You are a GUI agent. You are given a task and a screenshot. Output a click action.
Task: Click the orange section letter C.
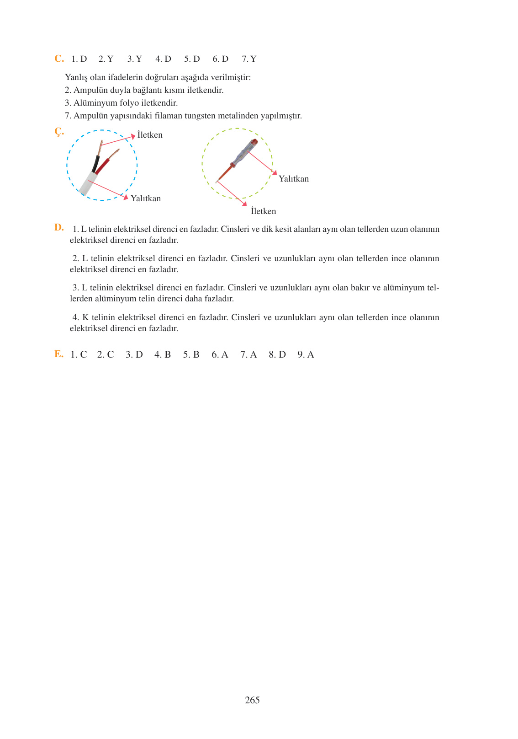(x=59, y=59)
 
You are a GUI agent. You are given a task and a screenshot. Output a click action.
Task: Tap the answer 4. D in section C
(x=163, y=59)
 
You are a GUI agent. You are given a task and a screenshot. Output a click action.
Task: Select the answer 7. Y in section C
(x=249, y=59)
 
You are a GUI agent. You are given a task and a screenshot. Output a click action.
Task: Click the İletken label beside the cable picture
(x=150, y=135)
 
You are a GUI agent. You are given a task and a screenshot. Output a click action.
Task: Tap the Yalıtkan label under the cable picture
(x=146, y=198)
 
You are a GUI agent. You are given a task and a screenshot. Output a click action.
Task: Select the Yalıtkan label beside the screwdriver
(x=294, y=179)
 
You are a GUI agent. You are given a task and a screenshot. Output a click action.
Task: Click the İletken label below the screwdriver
(x=264, y=211)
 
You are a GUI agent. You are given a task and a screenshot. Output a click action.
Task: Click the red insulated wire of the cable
(x=102, y=166)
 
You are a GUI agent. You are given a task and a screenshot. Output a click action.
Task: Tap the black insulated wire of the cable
(x=95, y=163)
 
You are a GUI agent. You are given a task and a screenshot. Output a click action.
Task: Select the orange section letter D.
(x=59, y=227)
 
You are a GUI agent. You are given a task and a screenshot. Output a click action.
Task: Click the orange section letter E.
(x=58, y=354)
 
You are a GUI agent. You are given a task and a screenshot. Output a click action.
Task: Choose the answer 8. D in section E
(x=277, y=355)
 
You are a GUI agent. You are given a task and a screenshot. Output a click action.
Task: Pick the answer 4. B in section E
(x=163, y=355)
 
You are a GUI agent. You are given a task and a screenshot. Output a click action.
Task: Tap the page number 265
(x=252, y=700)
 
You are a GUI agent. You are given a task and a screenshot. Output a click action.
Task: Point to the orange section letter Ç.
(x=59, y=132)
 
